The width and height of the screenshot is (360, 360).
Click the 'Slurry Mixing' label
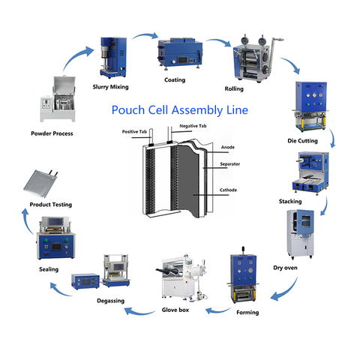(x=110, y=87)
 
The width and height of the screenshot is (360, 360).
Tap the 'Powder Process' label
(x=52, y=133)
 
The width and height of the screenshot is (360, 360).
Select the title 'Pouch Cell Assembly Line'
(x=180, y=110)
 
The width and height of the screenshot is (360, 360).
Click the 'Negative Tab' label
(x=193, y=126)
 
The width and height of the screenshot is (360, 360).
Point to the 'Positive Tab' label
(x=134, y=132)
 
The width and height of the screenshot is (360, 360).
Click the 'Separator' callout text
(x=230, y=164)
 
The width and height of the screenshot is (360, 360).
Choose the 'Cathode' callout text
(x=228, y=190)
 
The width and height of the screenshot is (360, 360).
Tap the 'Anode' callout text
(x=228, y=147)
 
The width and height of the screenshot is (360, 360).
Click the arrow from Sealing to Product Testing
(x=27, y=221)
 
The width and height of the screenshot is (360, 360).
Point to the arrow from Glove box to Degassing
(x=139, y=312)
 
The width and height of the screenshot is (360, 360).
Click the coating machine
(x=180, y=53)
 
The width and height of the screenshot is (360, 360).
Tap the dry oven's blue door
(x=305, y=222)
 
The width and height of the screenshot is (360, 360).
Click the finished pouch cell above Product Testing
(x=40, y=183)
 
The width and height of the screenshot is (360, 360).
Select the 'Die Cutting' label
(x=302, y=141)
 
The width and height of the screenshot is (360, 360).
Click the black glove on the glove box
(x=163, y=271)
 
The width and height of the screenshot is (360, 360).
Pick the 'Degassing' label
(x=110, y=301)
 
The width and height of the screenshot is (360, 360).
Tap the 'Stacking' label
(x=290, y=202)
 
